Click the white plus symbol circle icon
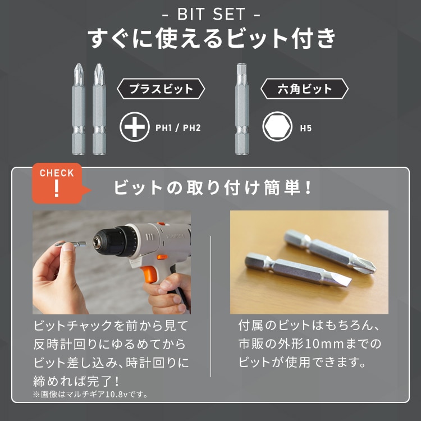135,127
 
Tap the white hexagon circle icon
277,127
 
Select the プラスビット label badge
161,89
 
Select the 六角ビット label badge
304,89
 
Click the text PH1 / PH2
178,128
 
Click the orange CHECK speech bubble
56,181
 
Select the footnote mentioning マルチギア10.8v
90,393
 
